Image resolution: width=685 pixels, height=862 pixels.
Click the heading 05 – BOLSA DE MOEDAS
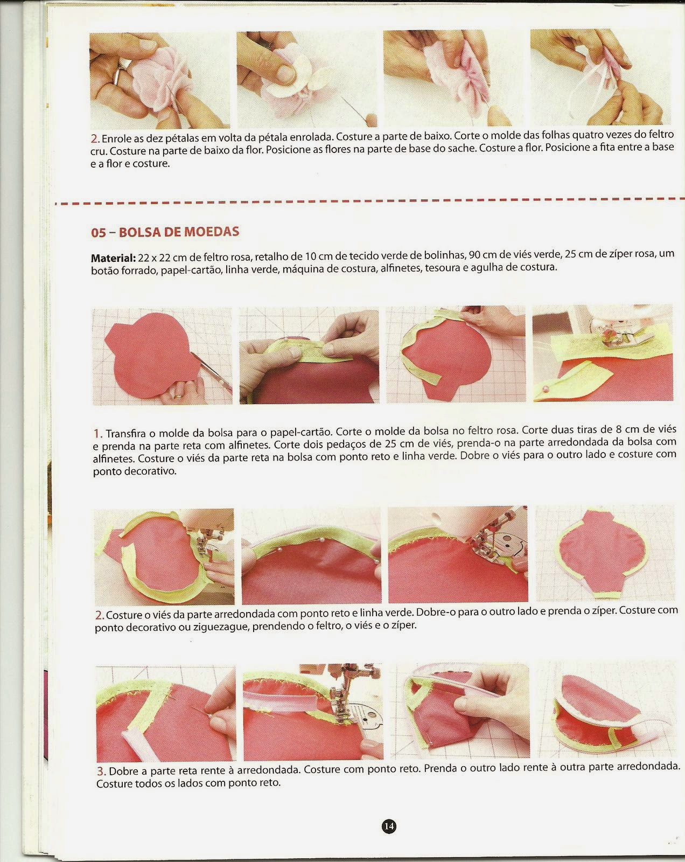pyautogui.click(x=165, y=232)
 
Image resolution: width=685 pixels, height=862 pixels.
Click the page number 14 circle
pyautogui.click(x=389, y=826)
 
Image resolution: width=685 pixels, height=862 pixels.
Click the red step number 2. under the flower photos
pyautogui.click(x=95, y=138)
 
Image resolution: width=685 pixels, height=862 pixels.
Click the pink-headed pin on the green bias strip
pyautogui.click(x=546, y=388)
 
